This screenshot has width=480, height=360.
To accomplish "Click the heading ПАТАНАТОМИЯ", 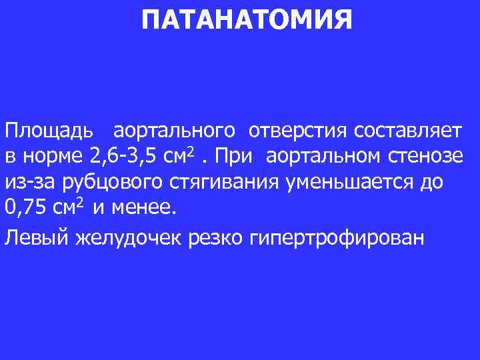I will (247, 21).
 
